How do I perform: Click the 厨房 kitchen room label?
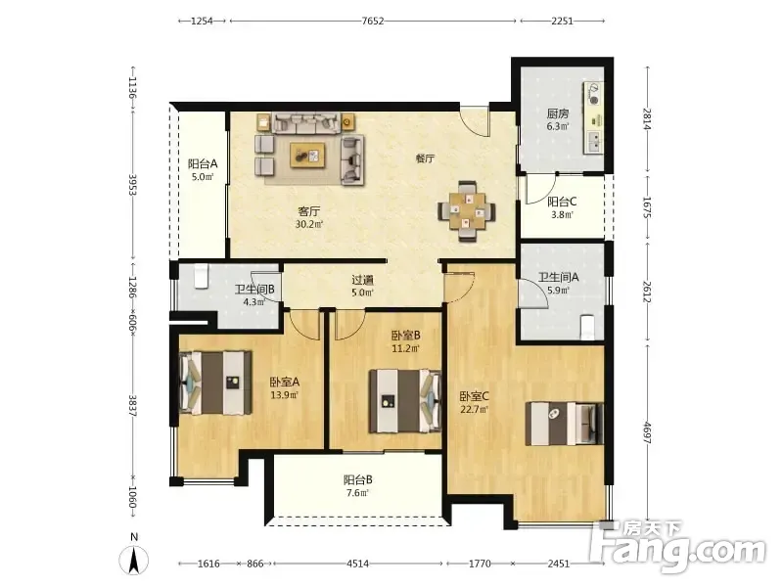pos(557,113)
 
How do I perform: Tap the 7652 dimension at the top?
pos(373,21)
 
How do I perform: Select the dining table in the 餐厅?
pos(467,211)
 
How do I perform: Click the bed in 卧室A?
pos(215,383)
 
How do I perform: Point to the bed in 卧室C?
pos(565,424)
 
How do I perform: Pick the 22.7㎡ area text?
pos(474,410)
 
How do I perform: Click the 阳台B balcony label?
pos(357,480)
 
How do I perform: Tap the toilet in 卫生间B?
pos(201,277)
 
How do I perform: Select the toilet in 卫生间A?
pos(587,327)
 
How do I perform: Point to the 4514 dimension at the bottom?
pos(357,564)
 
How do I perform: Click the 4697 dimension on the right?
pos(647,433)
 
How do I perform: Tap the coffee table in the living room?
pos(307,156)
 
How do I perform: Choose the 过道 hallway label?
pos(362,280)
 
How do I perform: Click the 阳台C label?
pos(562,202)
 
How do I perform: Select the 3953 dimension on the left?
pos(133,184)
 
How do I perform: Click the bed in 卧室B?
pos(405,401)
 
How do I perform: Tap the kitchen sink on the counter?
pos(594,141)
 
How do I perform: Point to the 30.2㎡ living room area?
pos(309,225)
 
